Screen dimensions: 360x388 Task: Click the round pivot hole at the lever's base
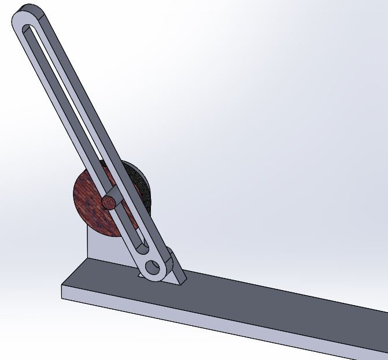point(153,267)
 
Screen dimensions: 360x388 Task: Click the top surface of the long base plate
point(260,300)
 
